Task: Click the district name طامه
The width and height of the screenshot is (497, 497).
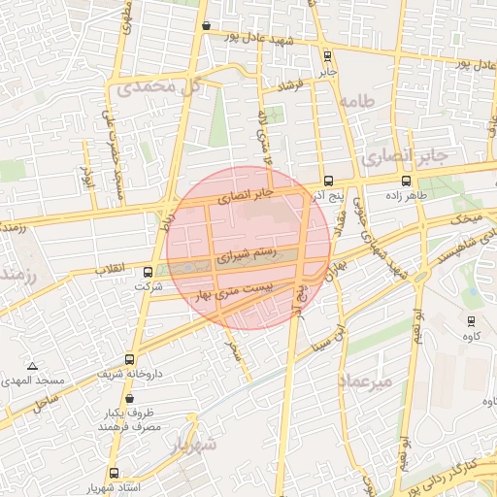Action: click(356, 102)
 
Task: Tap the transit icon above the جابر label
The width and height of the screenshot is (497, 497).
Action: click(326, 56)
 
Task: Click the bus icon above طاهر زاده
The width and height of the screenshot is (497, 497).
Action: click(405, 181)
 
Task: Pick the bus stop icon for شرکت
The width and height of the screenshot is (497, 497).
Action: click(148, 273)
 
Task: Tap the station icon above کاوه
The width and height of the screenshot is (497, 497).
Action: click(471, 320)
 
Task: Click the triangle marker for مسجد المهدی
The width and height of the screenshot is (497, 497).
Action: click(33, 367)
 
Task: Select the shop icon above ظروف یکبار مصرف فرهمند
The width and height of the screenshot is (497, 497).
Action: click(129, 398)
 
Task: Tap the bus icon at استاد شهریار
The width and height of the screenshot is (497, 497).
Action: click(114, 473)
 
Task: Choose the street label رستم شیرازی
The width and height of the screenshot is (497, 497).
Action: click(245, 256)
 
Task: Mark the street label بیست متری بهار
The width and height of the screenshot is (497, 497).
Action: click(239, 289)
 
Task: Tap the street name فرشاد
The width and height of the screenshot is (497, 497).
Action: click(291, 86)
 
